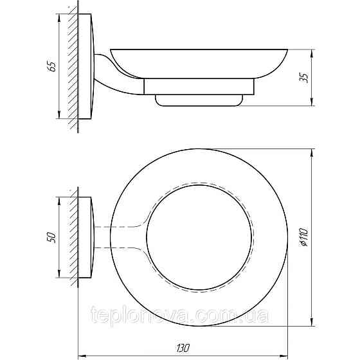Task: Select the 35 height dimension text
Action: point(305,77)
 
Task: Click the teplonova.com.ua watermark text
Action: point(179,316)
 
